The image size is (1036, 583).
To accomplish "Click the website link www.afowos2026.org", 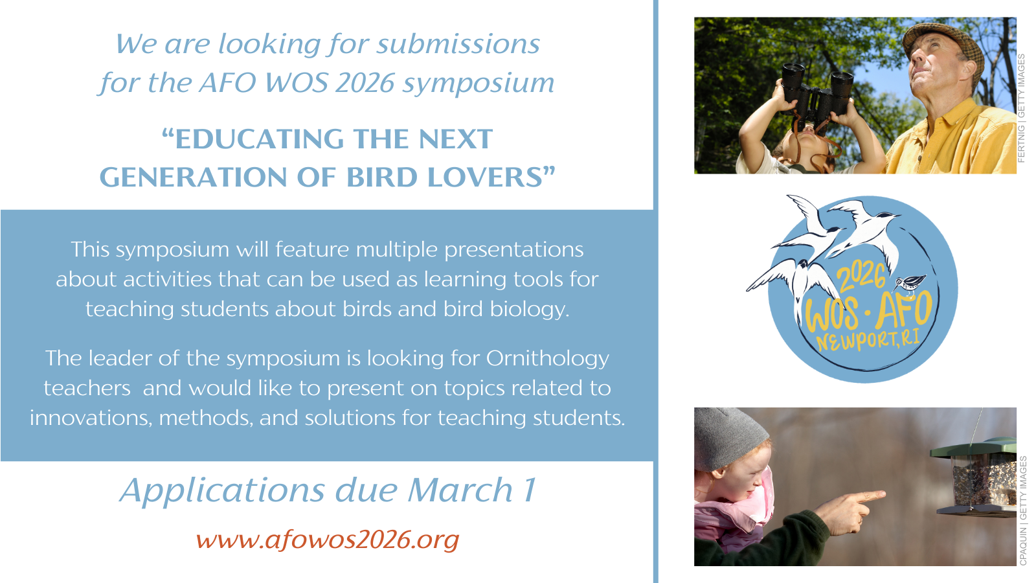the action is click(x=328, y=540).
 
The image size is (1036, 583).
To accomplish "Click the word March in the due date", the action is click(x=460, y=490).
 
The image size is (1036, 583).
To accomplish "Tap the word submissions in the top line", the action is click(x=458, y=45).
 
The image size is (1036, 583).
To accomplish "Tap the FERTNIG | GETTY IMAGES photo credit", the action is click(x=1022, y=108).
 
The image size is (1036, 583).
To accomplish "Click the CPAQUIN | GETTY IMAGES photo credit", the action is click(x=1022, y=511).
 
